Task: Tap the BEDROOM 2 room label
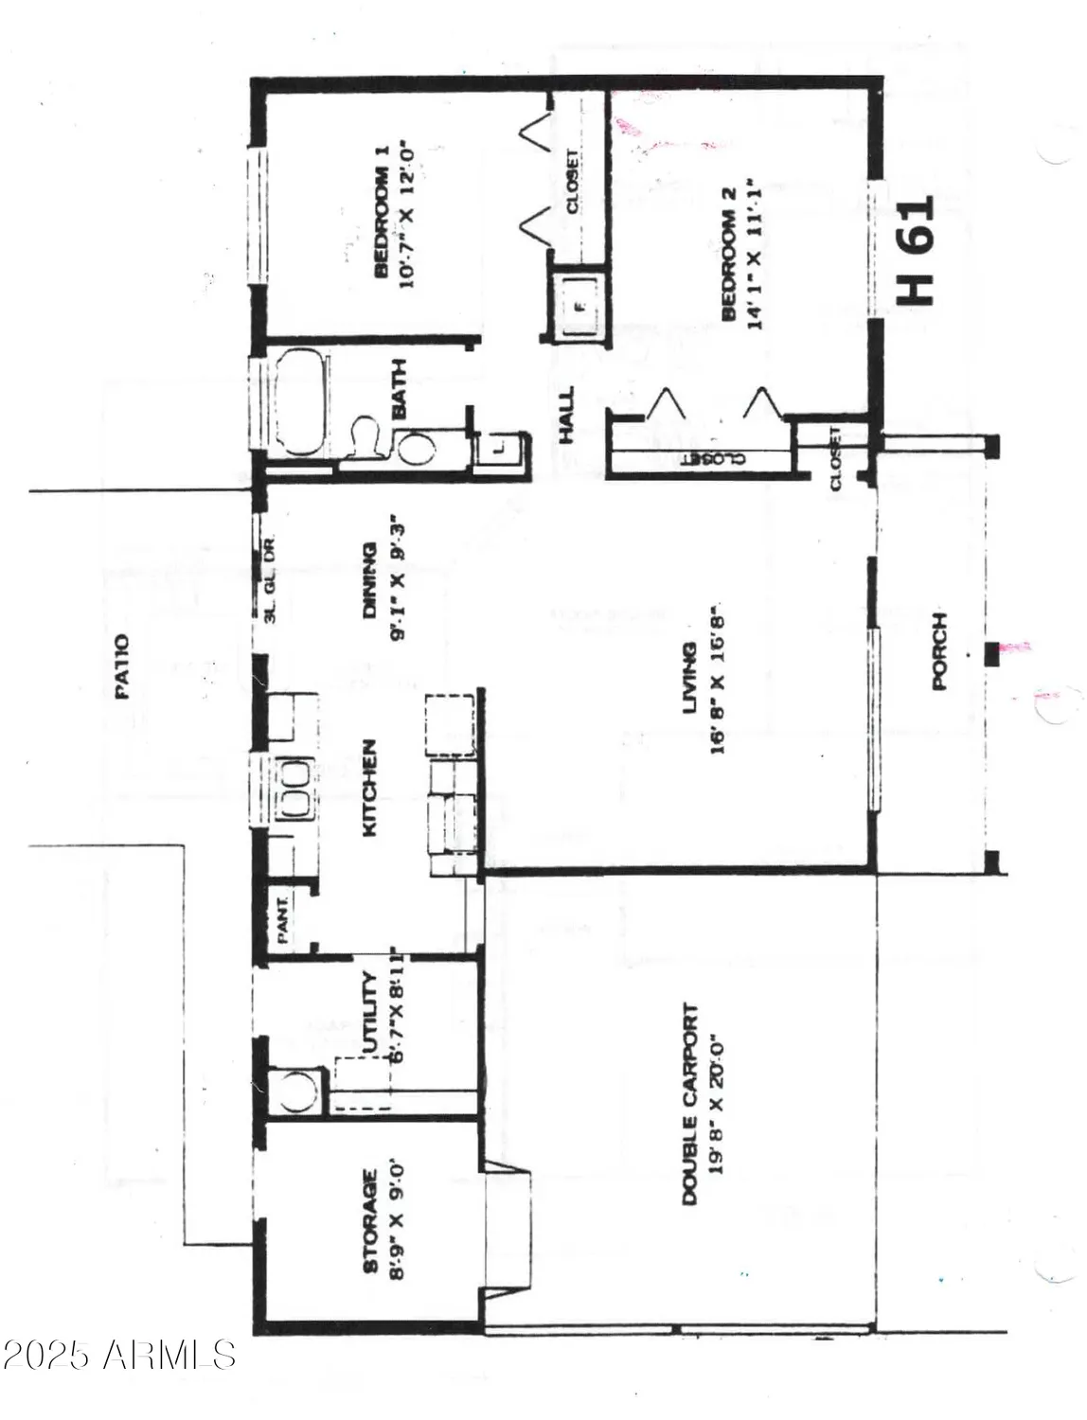(729, 264)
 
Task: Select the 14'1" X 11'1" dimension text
(754, 252)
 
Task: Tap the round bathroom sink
(414, 447)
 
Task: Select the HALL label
(566, 416)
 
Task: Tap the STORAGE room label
(370, 1221)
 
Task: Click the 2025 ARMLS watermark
(118, 1355)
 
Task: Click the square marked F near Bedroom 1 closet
(579, 305)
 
